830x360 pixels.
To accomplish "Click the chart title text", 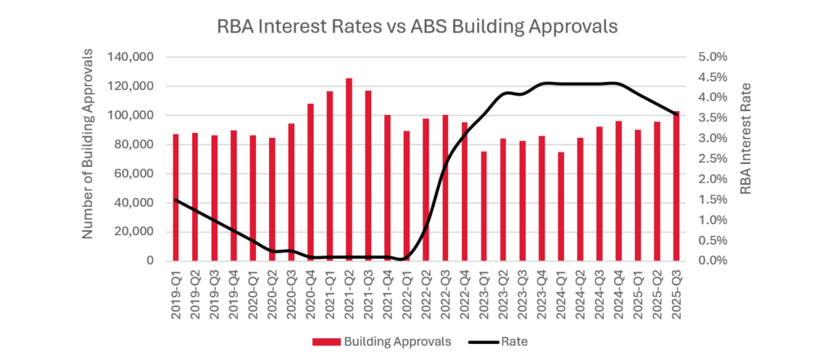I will [x=417, y=26].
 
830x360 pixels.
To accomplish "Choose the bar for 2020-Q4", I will [x=310, y=182].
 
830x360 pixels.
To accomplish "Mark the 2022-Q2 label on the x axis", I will [x=426, y=294].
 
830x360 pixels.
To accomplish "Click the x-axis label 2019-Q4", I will [x=233, y=294].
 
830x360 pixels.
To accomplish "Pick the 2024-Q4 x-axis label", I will [x=618, y=294].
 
